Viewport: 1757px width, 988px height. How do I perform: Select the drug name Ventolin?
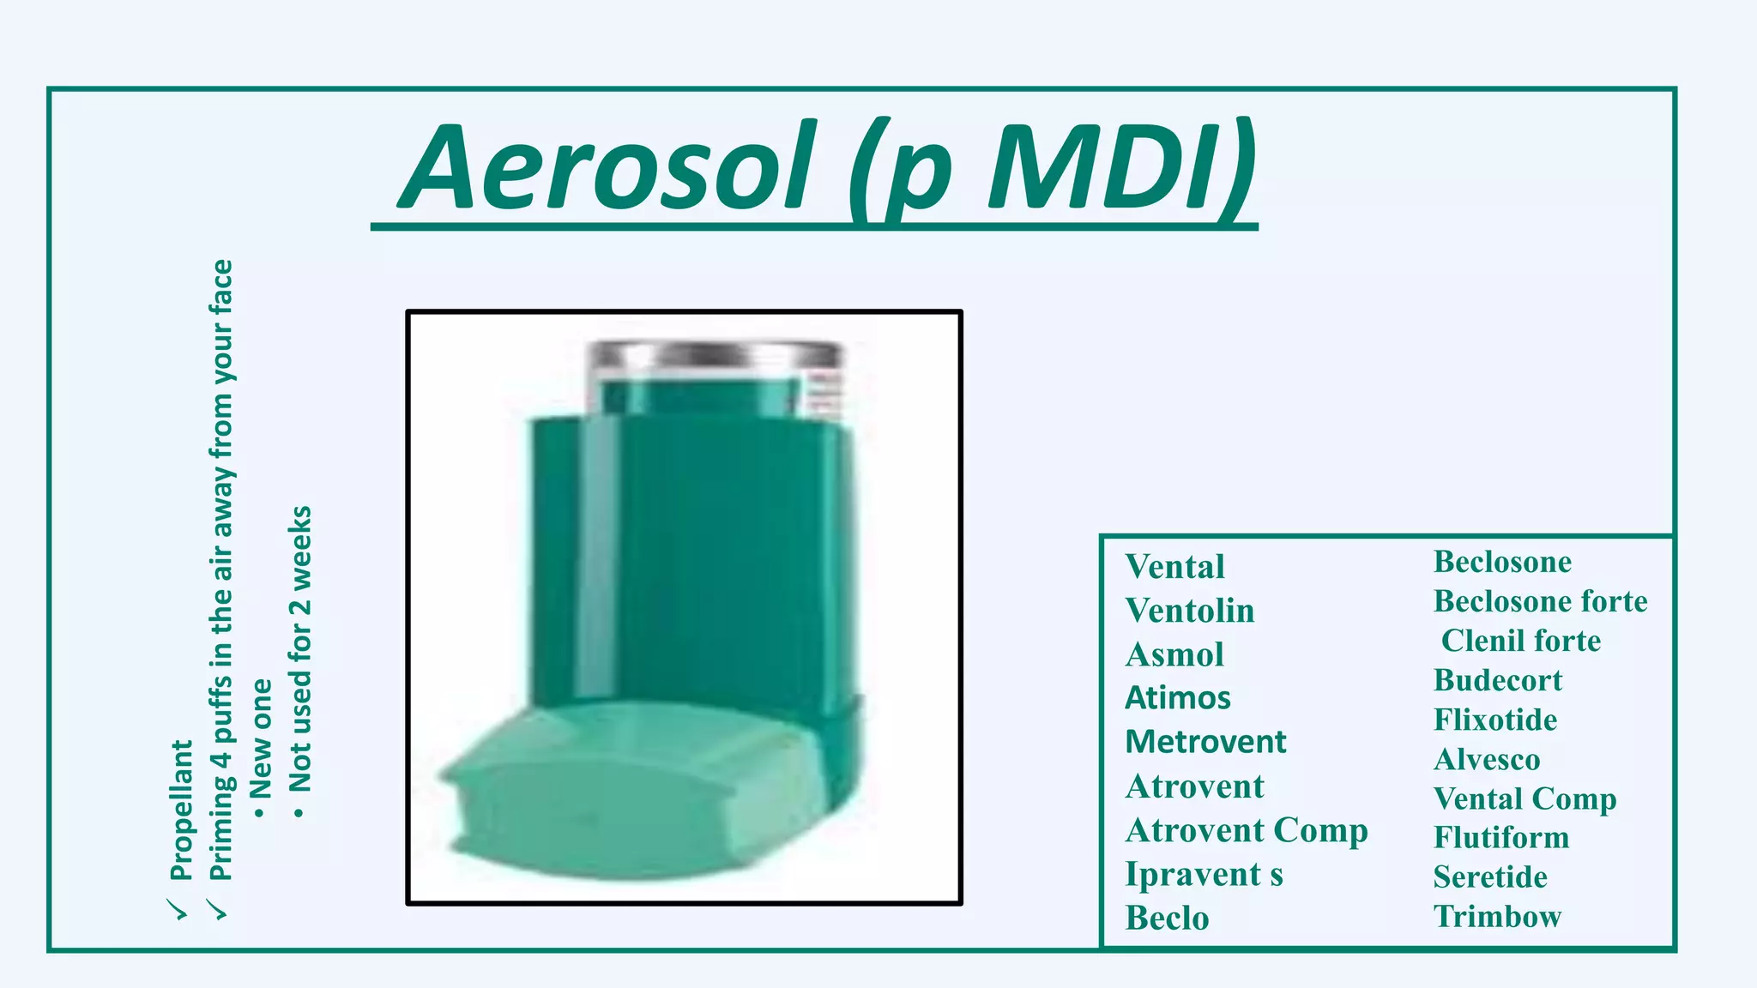click(1190, 611)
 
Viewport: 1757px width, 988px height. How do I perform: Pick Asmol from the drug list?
click(1174, 654)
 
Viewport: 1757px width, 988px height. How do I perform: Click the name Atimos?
click(1178, 698)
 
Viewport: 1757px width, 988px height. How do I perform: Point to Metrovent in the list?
click(1205, 742)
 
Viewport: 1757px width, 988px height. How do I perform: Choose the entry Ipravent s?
click(1204, 874)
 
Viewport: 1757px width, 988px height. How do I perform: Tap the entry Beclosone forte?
click(1540, 601)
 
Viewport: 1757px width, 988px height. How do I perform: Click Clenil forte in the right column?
click(1520, 641)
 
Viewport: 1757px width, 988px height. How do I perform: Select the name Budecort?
click(1497, 680)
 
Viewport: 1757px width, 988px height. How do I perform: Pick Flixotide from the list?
click(1494, 720)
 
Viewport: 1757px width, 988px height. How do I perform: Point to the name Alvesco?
click(1486, 759)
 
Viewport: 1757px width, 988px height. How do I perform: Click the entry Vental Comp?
click(1525, 798)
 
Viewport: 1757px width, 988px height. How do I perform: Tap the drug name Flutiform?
click(1501, 837)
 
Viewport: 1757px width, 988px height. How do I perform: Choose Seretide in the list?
click(1490, 877)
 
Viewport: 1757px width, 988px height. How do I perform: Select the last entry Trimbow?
click(1497, 916)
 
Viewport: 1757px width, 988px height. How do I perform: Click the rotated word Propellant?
click(182, 810)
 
